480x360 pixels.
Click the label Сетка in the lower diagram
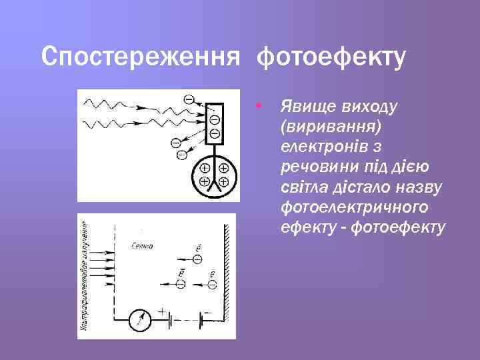point(142,245)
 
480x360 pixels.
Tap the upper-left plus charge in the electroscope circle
point(205,169)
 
